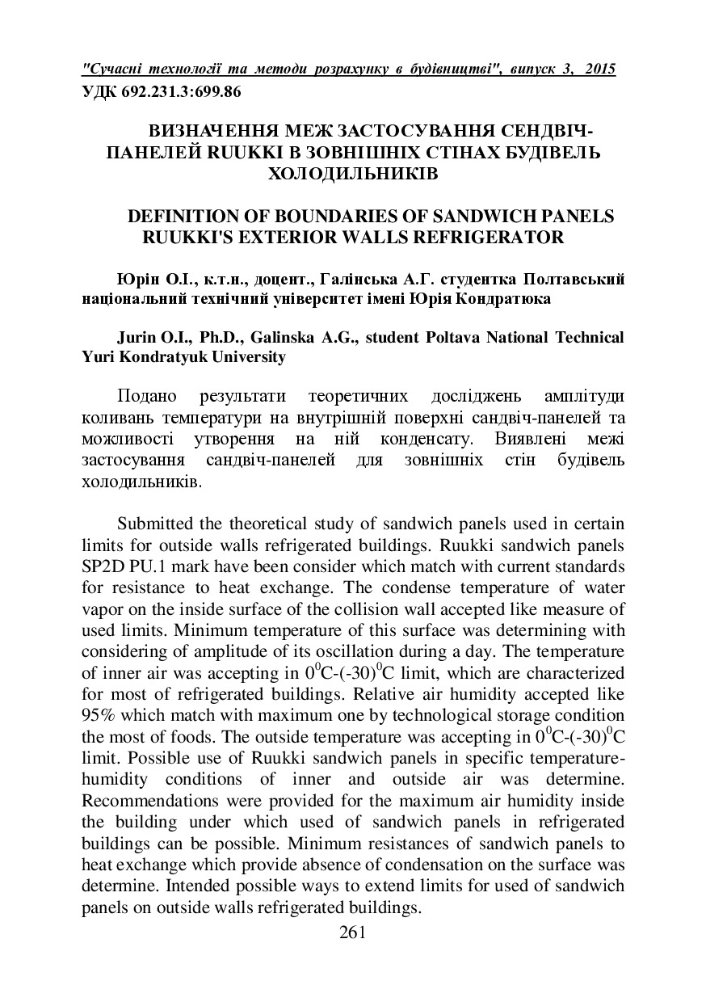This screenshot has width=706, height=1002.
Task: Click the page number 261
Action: click(353, 933)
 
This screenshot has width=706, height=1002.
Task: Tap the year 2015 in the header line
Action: click(598, 69)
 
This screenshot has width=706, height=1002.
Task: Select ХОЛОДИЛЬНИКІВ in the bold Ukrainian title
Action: click(353, 172)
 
